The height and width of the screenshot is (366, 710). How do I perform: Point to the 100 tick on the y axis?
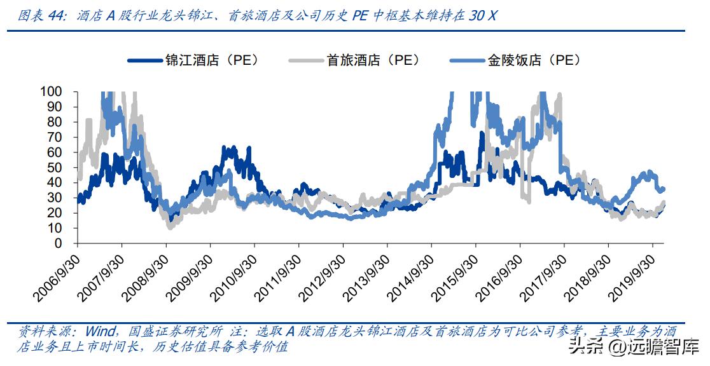click(x=60, y=91)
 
